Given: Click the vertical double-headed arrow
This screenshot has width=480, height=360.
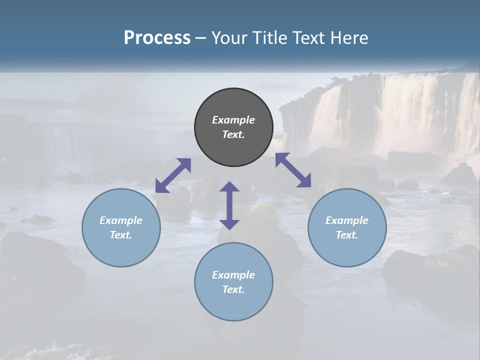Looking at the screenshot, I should pos(229,205).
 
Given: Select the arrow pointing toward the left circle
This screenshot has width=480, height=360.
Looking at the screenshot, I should pos(173,175).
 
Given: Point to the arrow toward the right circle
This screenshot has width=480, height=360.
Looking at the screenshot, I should pos(293,170).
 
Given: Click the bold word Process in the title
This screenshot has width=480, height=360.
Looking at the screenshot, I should pos(157,38).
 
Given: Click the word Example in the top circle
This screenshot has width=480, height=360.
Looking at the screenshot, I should pos(233,120).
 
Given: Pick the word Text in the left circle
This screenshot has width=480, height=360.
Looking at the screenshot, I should pos(121,235).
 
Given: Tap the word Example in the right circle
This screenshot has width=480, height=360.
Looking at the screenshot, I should pos(347,220).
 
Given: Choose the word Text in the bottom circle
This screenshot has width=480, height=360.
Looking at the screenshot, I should pos(233,289).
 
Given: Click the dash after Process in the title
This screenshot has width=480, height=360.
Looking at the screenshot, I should pos(201,38).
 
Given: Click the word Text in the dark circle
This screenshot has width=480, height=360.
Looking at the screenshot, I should pos(233,134).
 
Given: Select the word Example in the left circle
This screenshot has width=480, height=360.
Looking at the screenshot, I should pos(121,220).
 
